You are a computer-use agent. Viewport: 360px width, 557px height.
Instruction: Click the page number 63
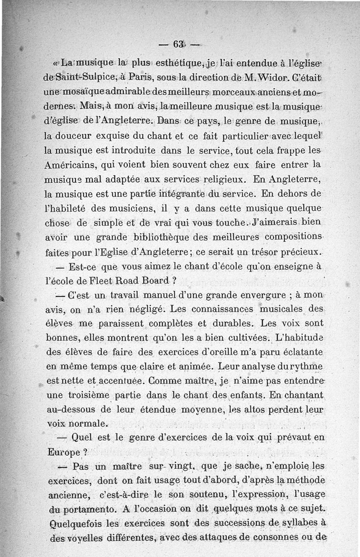177,44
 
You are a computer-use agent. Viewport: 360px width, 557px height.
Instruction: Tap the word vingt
185,466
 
